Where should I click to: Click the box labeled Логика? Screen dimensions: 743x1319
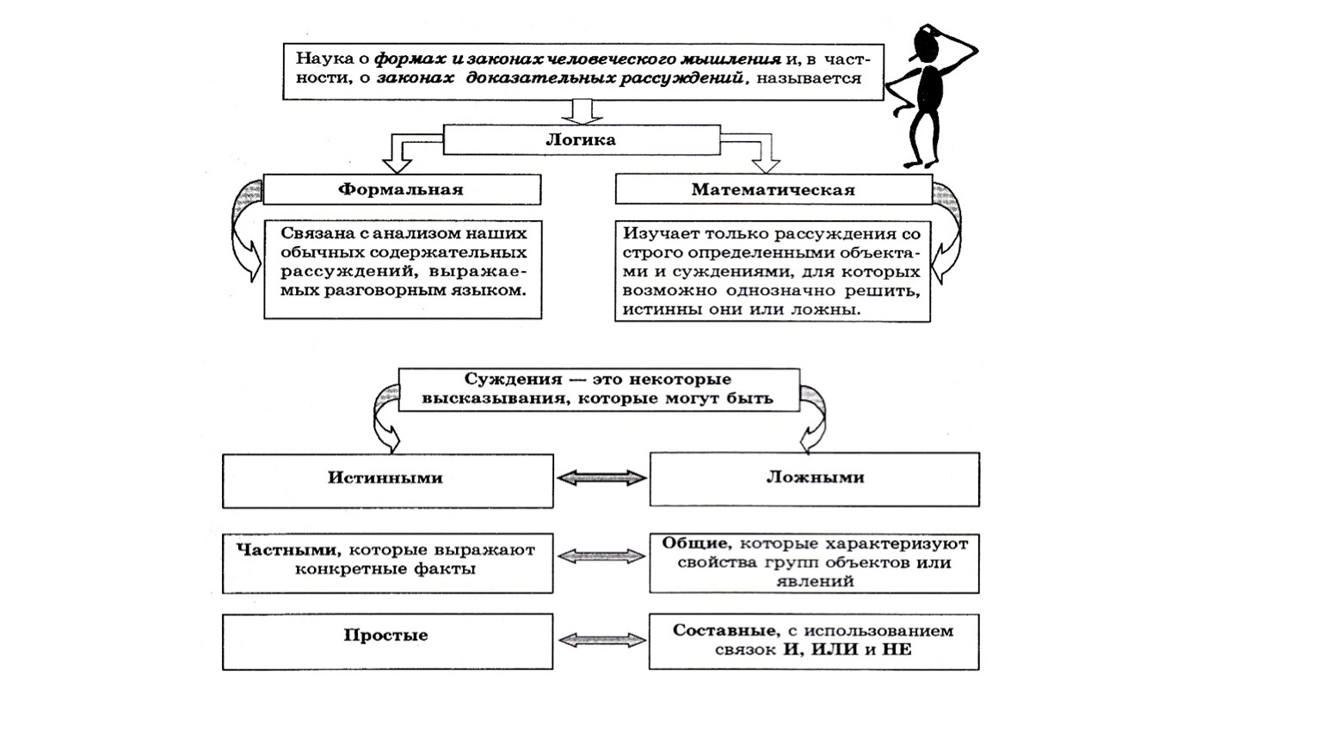click(x=581, y=139)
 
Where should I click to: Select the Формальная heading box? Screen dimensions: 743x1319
click(x=401, y=190)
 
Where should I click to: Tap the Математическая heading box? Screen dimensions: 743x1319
click(x=773, y=190)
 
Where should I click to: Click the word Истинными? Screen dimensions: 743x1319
click(x=385, y=478)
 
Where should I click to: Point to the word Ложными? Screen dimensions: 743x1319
click(x=815, y=477)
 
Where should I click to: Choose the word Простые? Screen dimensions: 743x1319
click(x=385, y=636)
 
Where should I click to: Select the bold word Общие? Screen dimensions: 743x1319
click(x=696, y=543)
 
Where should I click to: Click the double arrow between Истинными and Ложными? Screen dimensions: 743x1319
click(x=601, y=478)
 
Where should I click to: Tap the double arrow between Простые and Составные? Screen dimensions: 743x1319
click(x=601, y=640)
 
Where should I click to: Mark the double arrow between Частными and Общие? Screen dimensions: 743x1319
click(x=601, y=557)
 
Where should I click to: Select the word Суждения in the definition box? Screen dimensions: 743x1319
click(x=501, y=379)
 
